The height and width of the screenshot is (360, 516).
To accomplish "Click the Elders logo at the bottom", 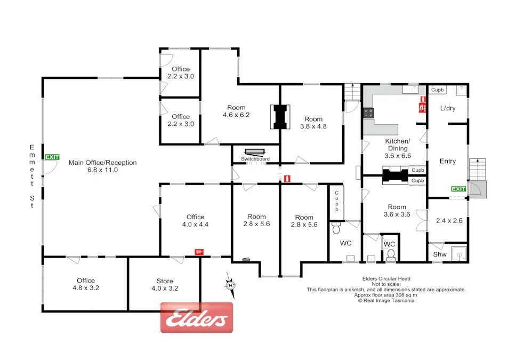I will tap(197, 318).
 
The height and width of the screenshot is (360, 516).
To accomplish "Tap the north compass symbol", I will tap(230, 283).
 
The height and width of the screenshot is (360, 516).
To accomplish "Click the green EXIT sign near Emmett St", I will tap(52, 157).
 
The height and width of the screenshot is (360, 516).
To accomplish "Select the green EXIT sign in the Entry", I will tap(458, 189).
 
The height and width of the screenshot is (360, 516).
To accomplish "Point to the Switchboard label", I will tap(255, 159).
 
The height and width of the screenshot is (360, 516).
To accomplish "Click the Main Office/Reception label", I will tap(102, 166).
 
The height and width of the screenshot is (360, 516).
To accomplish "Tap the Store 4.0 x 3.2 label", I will tap(165, 284).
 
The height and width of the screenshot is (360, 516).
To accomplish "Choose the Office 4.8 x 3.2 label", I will tap(85, 284).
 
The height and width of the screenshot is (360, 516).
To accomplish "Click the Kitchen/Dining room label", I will tap(396, 148).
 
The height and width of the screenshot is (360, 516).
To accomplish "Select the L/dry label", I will tap(447, 108).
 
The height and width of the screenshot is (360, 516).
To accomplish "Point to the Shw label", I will tap(439, 254).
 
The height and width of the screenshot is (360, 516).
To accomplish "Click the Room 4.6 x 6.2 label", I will tap(236, 110).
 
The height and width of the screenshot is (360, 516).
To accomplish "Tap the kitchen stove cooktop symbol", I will tap(368, 113).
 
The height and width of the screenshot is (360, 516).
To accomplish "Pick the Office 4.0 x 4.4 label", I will tap(195, 220).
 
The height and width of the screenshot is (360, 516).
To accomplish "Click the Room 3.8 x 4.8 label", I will tap(313, 123).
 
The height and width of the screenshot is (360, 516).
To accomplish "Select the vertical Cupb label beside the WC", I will tap(337, 201).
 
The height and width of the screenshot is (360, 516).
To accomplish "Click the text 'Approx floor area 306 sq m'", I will tap(386, 295).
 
